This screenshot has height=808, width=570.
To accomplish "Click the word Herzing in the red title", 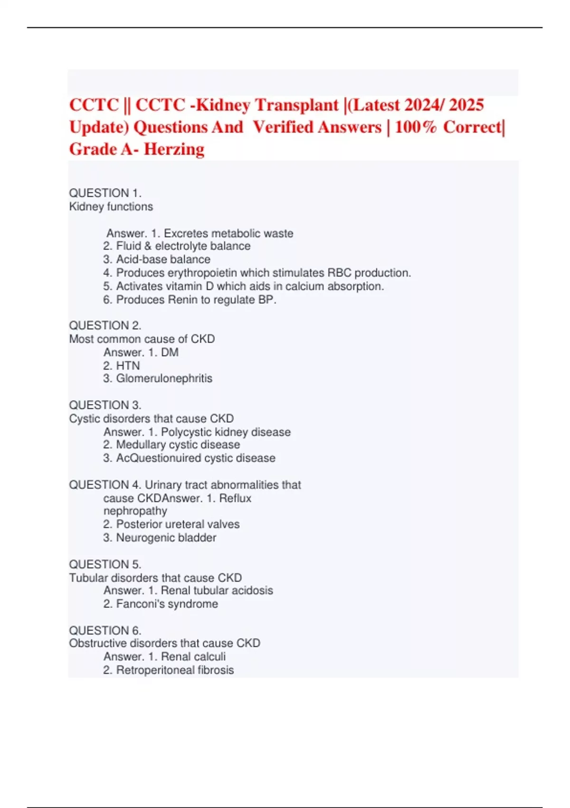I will [x=174, y=149].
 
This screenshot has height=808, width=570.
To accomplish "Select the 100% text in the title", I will [x=415, y=127].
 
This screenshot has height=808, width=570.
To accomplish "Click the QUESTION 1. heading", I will [x=105, y=193].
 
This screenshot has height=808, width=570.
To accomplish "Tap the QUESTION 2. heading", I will [x=105, y=326].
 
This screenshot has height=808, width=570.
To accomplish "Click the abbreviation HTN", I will [x=128, y=366].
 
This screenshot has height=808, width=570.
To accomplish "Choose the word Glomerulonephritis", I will [x=164, y=378].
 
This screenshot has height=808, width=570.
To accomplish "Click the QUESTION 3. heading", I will [x=105, y=405].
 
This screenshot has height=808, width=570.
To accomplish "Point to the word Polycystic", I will [x=186, y=432].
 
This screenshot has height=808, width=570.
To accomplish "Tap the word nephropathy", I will [x=135, y=511].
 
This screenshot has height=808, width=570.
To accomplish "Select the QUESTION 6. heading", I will [x=105, y=630].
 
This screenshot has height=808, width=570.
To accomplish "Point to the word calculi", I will [x=209, y=657].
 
